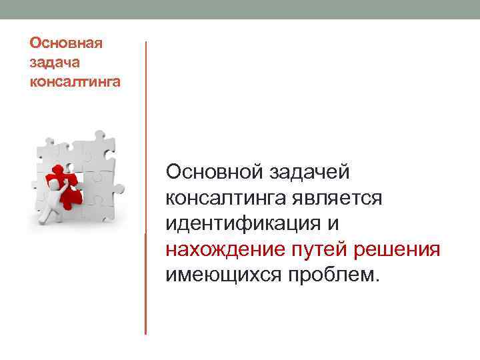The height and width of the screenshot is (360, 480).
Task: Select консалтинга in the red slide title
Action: pos(75,83)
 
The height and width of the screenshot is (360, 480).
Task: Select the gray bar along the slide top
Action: pos(240,9)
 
